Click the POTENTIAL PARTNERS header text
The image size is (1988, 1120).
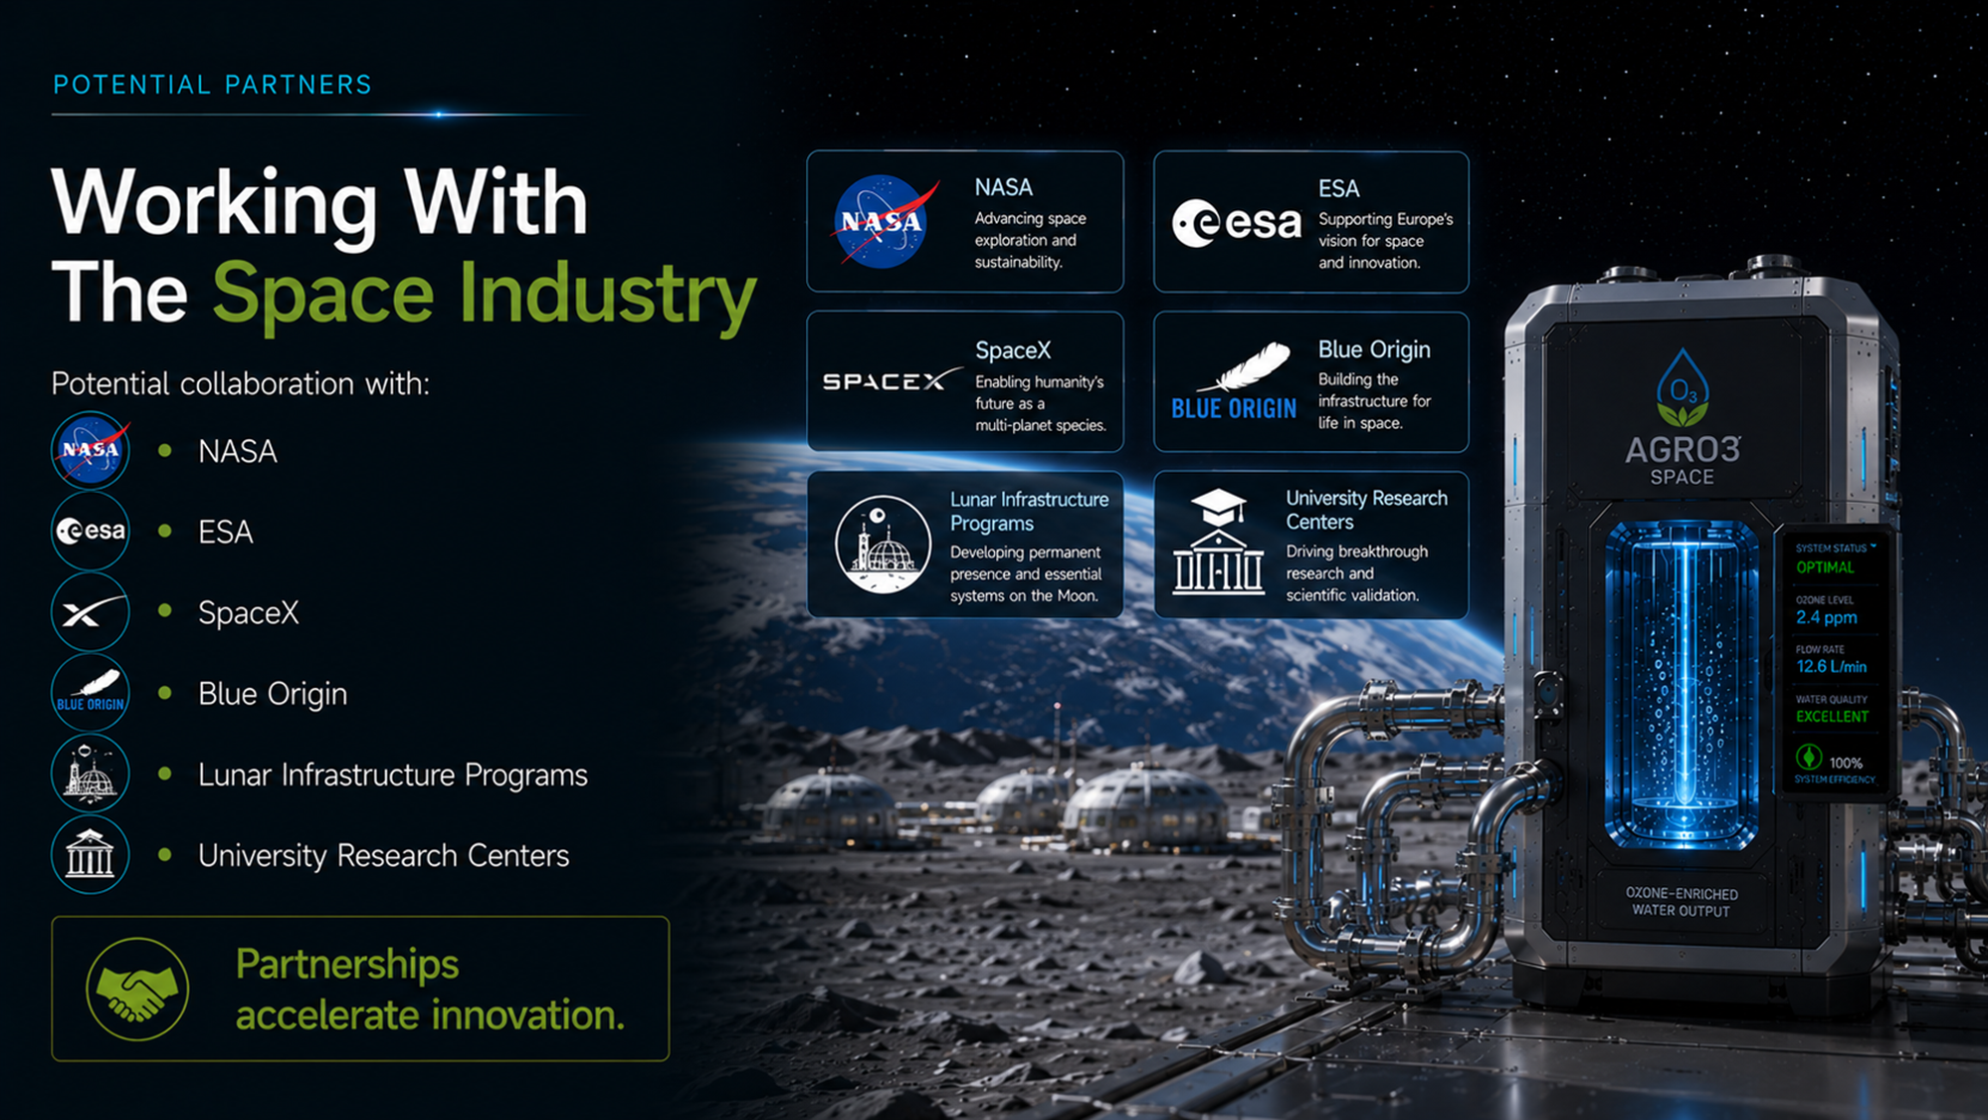point(212,85)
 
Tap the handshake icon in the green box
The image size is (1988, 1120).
point(137,989)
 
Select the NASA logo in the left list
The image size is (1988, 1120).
point(91,451)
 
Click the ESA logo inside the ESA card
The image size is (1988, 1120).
point(1237,222)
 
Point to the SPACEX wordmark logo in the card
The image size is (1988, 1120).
point(892,380)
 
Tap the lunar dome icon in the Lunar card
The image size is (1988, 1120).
point(883,544)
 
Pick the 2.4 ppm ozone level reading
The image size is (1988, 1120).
point(1826,617)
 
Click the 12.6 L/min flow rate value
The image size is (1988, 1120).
point(1831,666)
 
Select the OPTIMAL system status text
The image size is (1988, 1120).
point(1825,567)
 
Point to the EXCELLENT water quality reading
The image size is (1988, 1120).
point(1832,717)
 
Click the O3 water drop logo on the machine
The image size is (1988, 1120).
point(1683,387)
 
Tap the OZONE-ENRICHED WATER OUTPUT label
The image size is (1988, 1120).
point(1682,902)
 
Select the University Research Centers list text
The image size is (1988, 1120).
point(383,855)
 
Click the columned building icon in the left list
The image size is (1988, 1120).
point(91,854)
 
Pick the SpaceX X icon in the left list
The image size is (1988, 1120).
point(91,612)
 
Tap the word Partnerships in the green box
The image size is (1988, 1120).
point(347,965)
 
